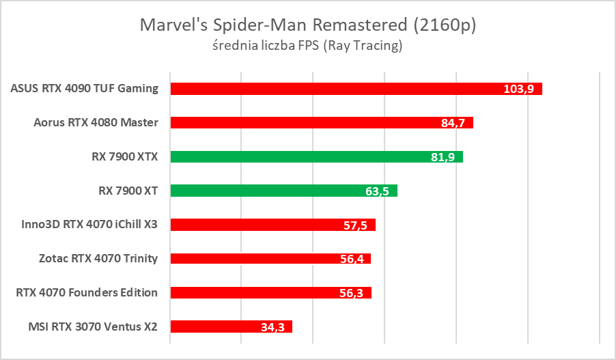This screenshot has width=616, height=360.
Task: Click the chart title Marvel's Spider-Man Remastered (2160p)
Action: click(x=308, y=25)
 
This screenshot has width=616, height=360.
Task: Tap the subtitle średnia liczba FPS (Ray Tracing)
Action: click(x=308, y=46)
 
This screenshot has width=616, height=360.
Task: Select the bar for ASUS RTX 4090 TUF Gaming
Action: click(x=341, y=89)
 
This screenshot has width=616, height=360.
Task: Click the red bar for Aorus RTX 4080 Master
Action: click(x=307, y=123)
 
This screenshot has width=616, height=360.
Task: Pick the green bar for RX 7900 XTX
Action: click(x=300, y=157)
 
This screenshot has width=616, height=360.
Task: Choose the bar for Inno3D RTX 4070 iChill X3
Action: click(x=260, y=225)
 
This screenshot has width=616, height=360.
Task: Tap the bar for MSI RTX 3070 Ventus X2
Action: click(x=219, y=327)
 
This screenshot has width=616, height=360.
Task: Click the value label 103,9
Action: click(x=518, y=89)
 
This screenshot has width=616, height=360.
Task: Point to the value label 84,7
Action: click(x=453, y=124)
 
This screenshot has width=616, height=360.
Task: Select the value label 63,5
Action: click(x=377, y=191)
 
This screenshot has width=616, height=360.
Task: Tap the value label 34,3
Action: click(x=272, y=327)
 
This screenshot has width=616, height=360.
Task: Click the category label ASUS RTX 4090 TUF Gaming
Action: click(x=85, y=88)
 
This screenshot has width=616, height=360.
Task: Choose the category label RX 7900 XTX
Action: click(x=124, y=156)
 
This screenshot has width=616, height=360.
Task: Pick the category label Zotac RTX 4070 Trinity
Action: click(x=98, y=258)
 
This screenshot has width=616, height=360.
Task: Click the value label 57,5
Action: click(x=356, y=225)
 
